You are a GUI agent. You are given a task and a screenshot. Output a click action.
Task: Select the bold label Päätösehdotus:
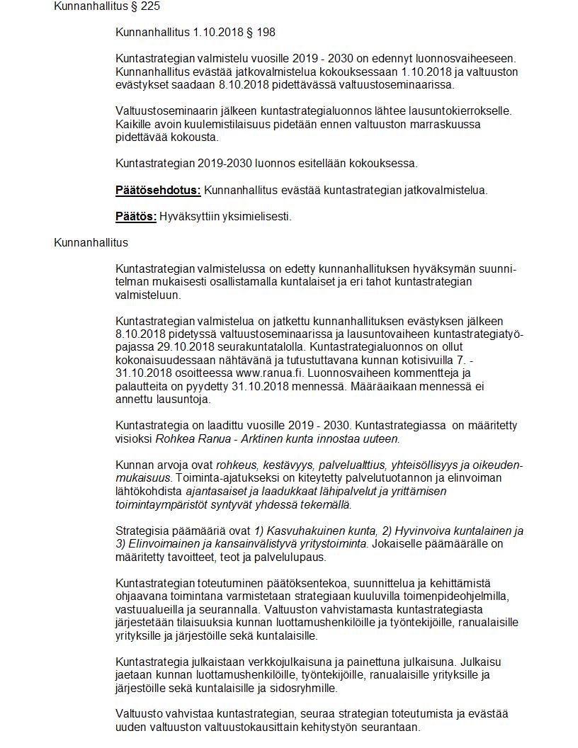[x=158, y=190]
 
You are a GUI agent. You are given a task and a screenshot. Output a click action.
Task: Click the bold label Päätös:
[x=136, y=216]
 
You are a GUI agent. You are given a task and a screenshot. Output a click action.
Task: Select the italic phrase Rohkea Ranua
[x=187, y=438]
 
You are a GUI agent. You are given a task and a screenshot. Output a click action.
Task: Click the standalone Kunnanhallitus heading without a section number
[x=91, y=242]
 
